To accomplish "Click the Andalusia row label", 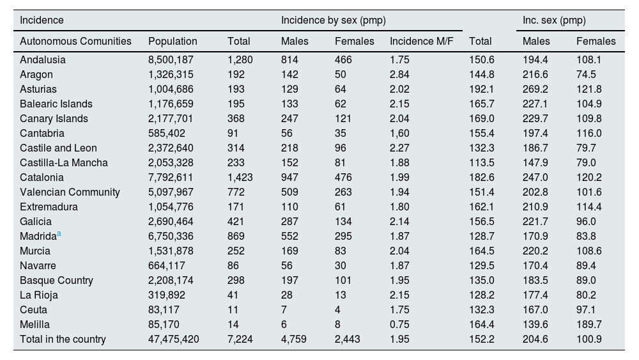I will (x=42, y=59).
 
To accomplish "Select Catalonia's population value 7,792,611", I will (x=171, y=177).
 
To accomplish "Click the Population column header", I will (x=173, y=41).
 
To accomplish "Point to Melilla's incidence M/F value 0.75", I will (x=399, y=325).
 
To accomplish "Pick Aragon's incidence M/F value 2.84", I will (x=399, y=74).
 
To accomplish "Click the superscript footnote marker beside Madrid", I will (x=59, y=234).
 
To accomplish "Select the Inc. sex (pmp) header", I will (x=554, y=20).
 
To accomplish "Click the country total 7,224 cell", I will (x=240, y=340).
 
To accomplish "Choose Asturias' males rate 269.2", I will (x=535, y=89).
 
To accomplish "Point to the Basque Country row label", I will (x=56, y=280).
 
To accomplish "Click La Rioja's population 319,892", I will (x=168, y=295).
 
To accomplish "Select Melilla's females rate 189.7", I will (x=589, y=325).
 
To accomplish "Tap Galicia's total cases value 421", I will (x=236, y=221).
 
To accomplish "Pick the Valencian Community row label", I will (x=70, y=192).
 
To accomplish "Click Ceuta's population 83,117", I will (x=165, y=310).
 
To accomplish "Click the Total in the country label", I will (x=63, y=340).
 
